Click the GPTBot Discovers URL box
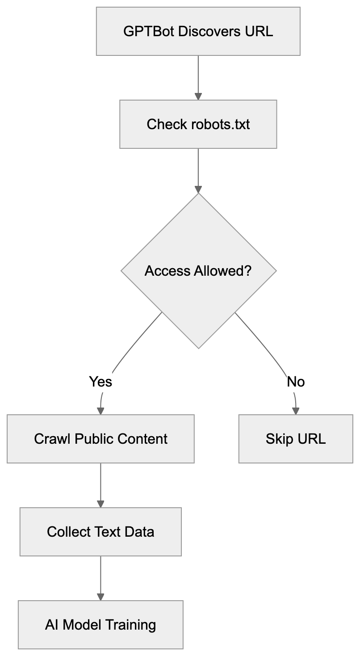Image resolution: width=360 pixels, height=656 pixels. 198,32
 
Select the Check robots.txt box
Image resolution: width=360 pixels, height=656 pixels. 198,124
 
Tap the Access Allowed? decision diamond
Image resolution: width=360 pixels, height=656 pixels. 198,271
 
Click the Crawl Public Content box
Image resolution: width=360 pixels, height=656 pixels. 100,438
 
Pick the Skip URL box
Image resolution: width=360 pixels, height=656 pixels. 295,438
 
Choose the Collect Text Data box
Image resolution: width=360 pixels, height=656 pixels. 100,532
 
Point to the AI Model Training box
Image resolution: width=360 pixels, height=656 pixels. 100,624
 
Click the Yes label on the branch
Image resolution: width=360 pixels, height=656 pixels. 100,382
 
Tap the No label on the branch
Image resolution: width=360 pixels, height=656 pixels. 295,382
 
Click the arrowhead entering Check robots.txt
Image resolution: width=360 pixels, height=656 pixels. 198,96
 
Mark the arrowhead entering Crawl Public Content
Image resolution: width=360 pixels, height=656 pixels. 100,411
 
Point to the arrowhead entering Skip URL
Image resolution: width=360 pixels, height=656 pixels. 295,411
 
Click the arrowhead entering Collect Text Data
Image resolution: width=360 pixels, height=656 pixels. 100,504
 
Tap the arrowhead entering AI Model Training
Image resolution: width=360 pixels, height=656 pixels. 100,597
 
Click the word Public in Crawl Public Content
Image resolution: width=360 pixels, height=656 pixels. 94,438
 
